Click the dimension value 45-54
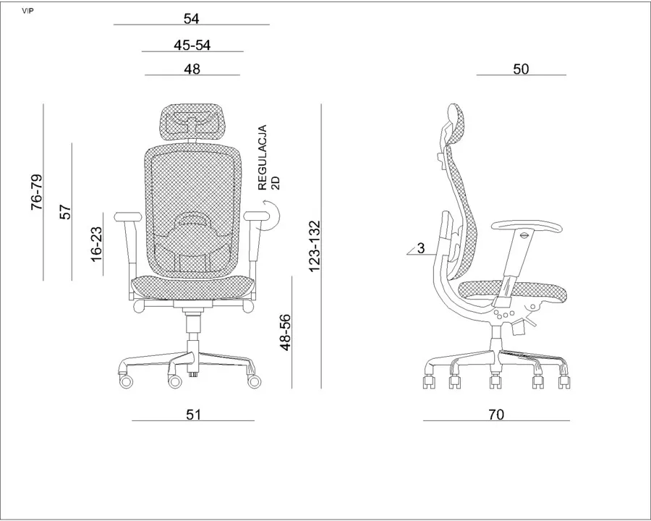[x=192, y=44]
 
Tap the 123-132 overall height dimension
[x=315, y=246]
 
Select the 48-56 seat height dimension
[x=285, y=333]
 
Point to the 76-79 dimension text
[x=37, y=192]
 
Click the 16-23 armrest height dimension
[x=96, y=245]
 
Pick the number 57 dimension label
[x=65, y=212]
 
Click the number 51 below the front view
[x=193, y=414]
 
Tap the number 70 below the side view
[x=496, y=414]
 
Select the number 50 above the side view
[x=521, y=69]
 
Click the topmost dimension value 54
[x=192, y=18]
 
